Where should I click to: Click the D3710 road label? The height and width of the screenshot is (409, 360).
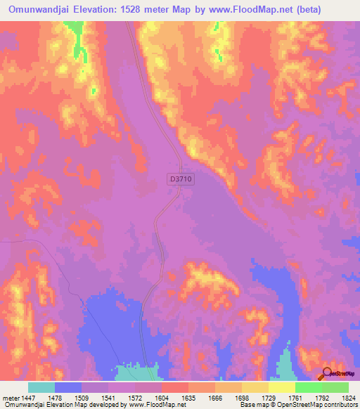coord(181,180)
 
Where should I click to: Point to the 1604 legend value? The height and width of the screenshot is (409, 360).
coord(162,397)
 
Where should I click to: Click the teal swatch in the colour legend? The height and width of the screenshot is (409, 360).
coord(41,387)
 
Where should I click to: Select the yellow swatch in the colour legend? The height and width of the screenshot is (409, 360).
coord(281,387)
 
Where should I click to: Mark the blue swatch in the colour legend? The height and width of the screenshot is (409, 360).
coord(68,387)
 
